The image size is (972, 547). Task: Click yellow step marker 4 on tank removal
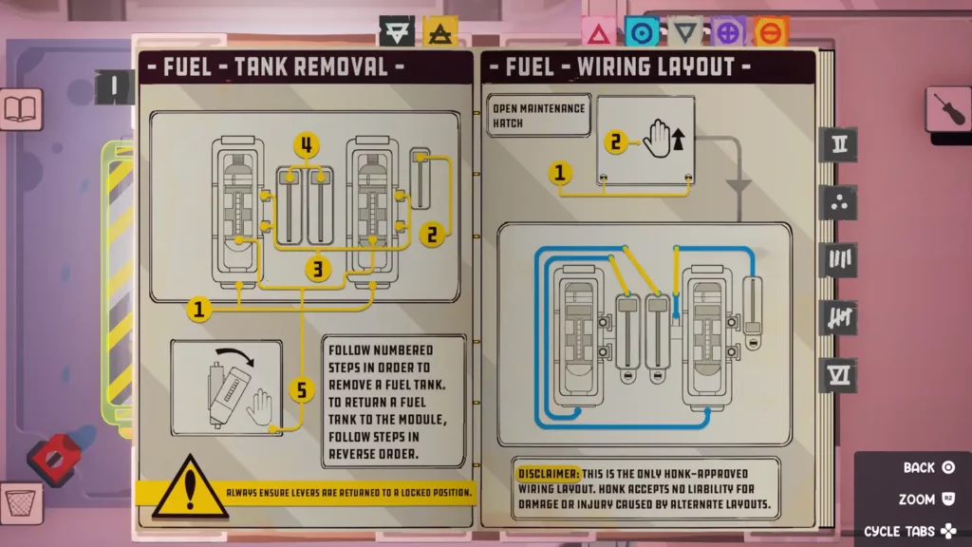tap(306, 146)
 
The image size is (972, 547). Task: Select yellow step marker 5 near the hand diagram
tap(301, 390)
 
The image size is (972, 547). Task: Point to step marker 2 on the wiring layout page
tap(616, 143)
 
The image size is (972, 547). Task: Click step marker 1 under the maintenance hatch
tap(561, 173)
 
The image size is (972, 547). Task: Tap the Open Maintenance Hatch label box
tap(537, 116)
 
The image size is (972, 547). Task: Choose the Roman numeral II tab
tap(840, 145)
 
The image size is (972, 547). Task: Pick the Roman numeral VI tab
tap(840, 375)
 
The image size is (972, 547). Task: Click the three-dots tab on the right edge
tap(840, 202)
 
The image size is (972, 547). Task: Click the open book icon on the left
tap(19, 107)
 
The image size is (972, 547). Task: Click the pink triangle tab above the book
tap(598, 33)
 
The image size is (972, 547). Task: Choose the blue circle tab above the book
tap(642, 33)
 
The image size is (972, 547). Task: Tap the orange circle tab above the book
tap(771, 33)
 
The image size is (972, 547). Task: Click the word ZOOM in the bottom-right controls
tap(917, 499)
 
